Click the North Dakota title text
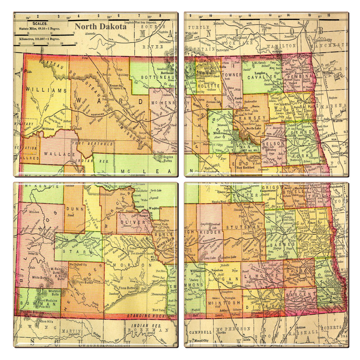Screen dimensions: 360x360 100,26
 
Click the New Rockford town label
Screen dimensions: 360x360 245,167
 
